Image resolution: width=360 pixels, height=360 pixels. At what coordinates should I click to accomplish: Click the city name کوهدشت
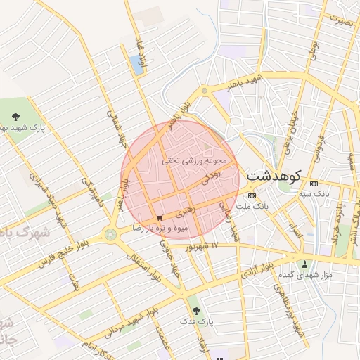(274, 176)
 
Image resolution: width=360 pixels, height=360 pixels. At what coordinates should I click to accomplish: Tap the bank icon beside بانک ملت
(252, 195)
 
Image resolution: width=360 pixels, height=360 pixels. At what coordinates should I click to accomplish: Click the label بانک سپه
(314, 192)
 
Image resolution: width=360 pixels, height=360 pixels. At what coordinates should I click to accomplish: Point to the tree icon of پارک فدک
(195, 309)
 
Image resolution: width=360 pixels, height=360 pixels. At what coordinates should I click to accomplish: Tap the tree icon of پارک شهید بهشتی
(16, 117)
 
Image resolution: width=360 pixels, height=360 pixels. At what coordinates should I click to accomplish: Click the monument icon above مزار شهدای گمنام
(304, 264)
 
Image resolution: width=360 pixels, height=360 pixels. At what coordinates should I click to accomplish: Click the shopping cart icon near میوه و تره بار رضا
(162, 219)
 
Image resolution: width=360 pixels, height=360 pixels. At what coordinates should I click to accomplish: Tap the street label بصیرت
(338, 22)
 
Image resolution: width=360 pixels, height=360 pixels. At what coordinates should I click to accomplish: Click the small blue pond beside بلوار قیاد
(135, 65)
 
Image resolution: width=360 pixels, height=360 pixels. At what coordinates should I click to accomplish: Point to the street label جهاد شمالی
(116, 126)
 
